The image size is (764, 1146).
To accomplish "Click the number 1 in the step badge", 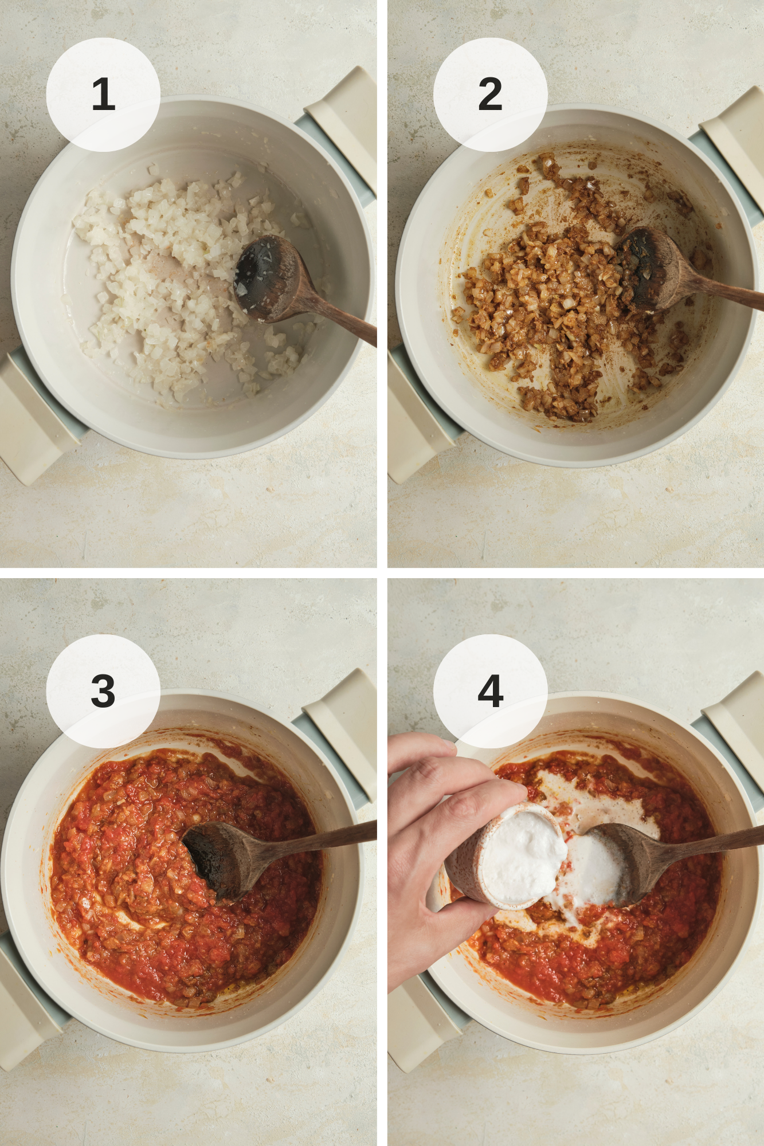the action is click(103, 95).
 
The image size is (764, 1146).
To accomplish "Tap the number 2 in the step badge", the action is click(490, 95).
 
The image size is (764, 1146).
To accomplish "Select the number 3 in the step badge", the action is click(103, 691).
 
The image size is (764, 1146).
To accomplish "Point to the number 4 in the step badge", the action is click(491, 691).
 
